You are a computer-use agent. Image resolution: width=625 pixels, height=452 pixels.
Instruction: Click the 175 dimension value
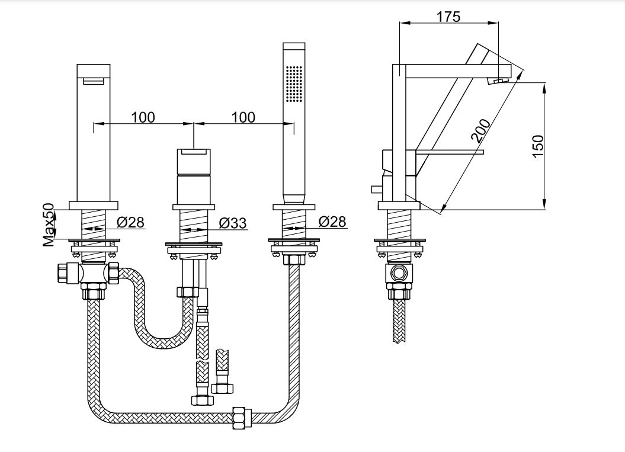point(448,17)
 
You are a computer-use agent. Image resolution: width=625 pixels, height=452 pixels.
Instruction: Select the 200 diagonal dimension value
point(480,130)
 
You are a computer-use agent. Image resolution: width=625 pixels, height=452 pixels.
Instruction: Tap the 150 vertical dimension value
point(538,146)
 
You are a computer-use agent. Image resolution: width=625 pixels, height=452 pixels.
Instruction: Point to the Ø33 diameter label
point(233,223)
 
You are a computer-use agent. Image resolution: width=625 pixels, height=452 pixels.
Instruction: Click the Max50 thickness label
point(49,225)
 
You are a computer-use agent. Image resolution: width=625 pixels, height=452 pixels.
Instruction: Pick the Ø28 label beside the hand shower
point(332,222)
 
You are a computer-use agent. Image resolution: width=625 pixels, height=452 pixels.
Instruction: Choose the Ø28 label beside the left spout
point(130,222)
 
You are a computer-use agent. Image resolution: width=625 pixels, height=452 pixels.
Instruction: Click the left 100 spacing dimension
point(143,117)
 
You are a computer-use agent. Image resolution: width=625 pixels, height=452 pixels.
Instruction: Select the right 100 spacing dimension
point(243,117)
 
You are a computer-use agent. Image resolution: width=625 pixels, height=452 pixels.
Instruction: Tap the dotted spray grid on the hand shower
point(294,84)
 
